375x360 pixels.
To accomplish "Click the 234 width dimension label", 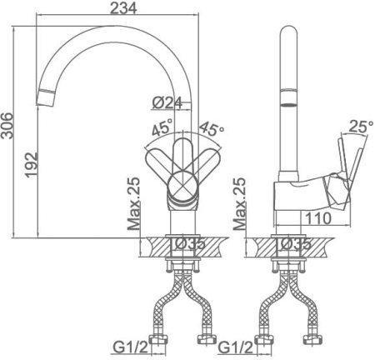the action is (123, 7).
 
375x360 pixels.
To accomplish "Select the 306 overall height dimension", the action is (7, 126).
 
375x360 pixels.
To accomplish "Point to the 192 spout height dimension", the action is (31, 164).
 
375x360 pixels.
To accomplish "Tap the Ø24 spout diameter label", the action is (167, 102).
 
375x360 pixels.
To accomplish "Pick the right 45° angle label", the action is (212, 128).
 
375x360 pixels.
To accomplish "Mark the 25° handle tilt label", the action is (361, 127).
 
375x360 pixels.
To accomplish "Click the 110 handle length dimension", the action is (318, 218).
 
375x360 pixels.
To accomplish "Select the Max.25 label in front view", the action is (133, 204).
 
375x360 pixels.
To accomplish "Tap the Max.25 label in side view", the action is (239, 204).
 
